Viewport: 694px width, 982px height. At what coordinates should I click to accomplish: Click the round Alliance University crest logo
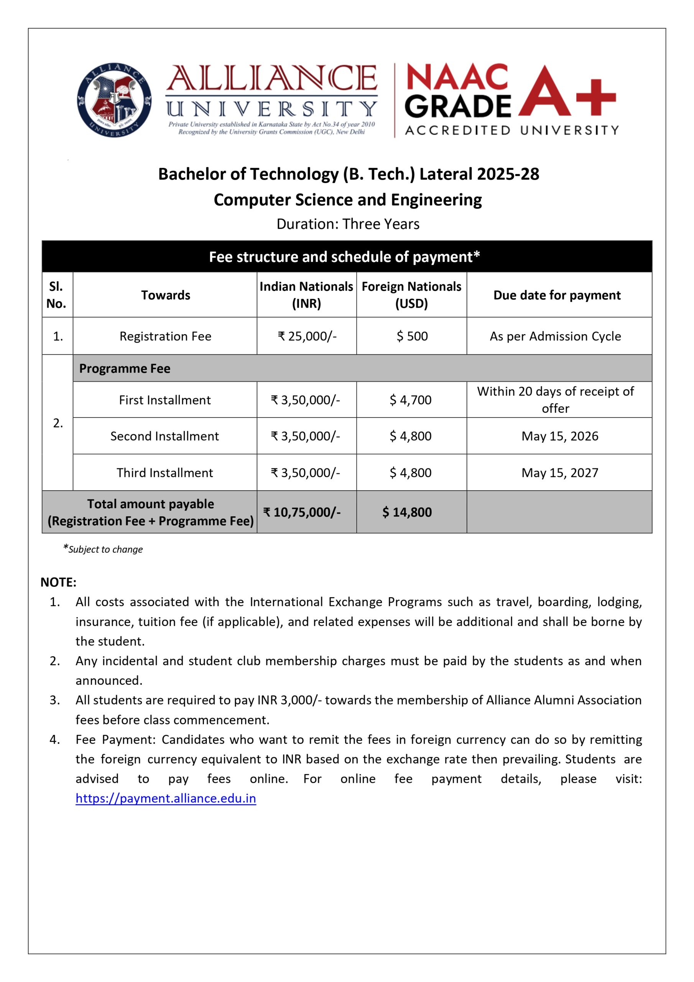pyautogui.click(x=114, y=100)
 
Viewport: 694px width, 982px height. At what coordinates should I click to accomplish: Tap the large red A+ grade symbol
pyautogui.click(x=567, y=92)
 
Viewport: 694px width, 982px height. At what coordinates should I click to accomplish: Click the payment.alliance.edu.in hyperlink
pyautogui.click(x=166, y=798)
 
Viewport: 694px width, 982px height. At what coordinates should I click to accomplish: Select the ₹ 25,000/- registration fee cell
pyautogui.click(x=307, y=336)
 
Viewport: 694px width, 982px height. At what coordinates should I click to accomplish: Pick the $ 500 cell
pyautogui.click(x=412, y=336)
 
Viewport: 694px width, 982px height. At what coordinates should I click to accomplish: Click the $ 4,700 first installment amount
pyautogui.click(x=411, y=400)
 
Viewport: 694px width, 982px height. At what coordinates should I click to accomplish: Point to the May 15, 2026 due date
pyautogui.click(x=559, y=436)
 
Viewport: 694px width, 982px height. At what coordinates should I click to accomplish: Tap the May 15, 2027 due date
pyautogui.click(x=559, y=473)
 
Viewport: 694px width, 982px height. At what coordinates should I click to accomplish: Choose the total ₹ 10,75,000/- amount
pyautogui.click(x=302, y=512)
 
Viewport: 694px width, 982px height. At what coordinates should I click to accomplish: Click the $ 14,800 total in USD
pyautogui.click(x=407, y=512)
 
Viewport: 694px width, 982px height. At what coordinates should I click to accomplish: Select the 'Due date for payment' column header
pyautogui.click(x=557, y=295)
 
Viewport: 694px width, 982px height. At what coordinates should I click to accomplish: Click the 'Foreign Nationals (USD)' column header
pyautogui.click(x=411, y=295)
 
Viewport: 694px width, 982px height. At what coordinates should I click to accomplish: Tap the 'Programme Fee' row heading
pyautogui.click(x=125, y=368)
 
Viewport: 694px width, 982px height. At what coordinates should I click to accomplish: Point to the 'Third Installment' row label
pyautogui.click(x=164, y=473)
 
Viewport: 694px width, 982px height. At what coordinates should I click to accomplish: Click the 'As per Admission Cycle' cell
pyautogui.click(x=555, y=336)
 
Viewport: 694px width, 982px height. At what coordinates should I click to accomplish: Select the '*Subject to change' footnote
pyautogui.click(x=103, y=549)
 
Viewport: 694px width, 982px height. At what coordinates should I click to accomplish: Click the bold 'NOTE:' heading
pyautogui.click(x=59, y=582)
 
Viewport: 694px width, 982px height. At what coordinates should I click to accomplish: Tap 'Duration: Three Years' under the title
pyautogui.click(x=348, y=224)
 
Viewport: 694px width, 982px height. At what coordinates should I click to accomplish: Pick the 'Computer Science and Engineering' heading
pyautogui.click(x=348, y=200)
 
